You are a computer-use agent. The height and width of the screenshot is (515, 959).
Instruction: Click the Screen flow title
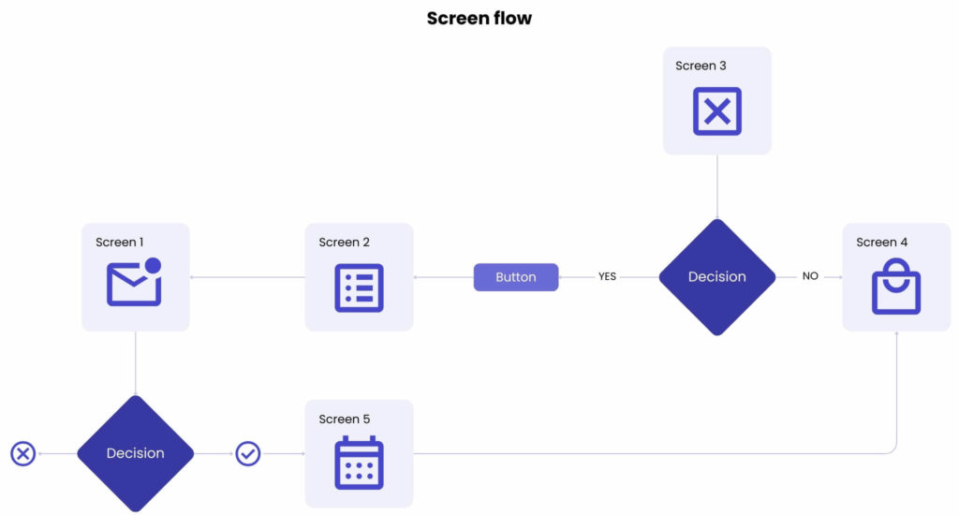(479, 18)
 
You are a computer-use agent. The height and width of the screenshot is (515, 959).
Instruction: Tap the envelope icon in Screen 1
(134, 284)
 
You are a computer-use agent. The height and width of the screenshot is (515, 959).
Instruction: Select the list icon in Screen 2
(359, 287)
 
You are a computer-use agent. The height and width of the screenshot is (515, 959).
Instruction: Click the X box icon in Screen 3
(716, 111)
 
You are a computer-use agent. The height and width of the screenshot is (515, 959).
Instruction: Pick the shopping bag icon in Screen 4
(896, 287)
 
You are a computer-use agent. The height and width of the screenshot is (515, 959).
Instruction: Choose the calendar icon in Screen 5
(359, 463)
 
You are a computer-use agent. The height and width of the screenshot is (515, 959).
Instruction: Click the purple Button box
(516, 277)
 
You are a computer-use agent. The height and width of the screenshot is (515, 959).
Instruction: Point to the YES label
(607, 277)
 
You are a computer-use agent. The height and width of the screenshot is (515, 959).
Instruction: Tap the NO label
(810, 277)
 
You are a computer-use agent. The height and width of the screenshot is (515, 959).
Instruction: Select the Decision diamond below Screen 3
(716, 277)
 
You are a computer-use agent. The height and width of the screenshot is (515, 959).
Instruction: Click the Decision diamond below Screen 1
(135, 453)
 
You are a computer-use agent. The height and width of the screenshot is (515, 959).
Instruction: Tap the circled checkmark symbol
(247, 454)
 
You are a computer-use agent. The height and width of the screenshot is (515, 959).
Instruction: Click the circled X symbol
(22, 454)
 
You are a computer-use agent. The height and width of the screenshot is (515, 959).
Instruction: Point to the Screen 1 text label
(119, 243)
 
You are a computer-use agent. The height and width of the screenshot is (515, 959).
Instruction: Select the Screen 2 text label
(344, 243)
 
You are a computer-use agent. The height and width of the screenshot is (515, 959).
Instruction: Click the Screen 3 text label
(701, 66)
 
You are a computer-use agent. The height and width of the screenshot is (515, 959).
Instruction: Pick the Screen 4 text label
(881, 243)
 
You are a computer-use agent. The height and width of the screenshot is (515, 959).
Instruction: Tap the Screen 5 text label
(344, 419)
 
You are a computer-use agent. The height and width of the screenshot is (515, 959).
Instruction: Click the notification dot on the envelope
(153, 265)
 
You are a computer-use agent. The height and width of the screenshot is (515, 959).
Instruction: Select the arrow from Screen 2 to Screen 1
(247, 277)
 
